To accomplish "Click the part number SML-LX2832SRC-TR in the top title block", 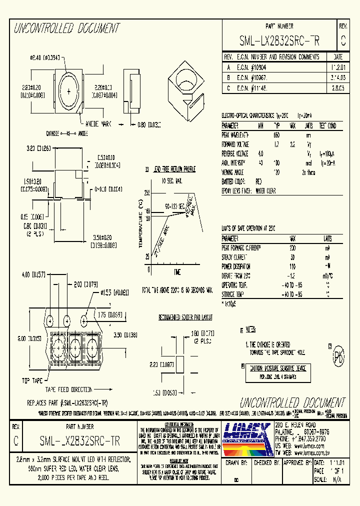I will (279, 41).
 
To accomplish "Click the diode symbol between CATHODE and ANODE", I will (67, 133).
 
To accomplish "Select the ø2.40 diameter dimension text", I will (45, 58).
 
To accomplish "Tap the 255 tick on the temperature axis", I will (146, 192).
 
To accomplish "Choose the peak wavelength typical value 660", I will (276, 135).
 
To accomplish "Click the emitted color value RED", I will (258, 182).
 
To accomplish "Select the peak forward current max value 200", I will (292, 247).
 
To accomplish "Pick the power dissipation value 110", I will (292, 266).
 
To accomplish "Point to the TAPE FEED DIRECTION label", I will (69, 389).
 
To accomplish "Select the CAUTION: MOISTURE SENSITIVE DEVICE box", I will (278, 368).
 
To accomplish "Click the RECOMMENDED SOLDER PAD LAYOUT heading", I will (185, 317).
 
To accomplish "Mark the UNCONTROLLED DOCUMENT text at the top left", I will (66, 28).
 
